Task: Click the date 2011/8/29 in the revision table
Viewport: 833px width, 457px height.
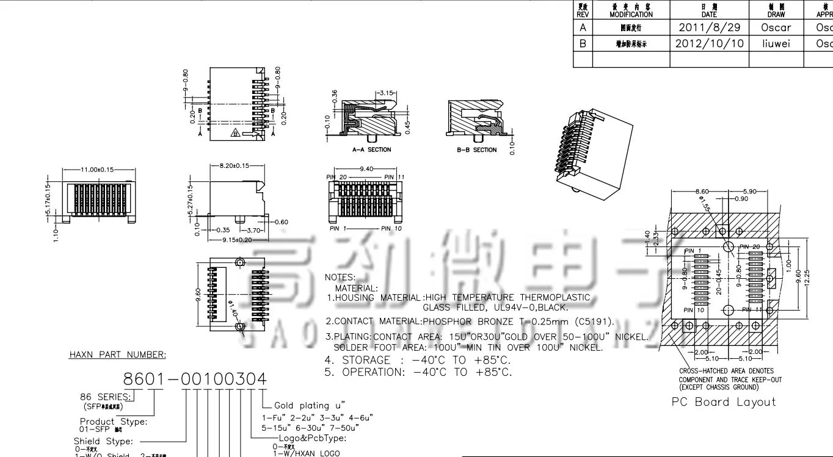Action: [709, 27]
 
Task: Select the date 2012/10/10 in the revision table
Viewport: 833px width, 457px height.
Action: [709, 43]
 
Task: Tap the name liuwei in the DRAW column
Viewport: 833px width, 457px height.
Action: [776, 43]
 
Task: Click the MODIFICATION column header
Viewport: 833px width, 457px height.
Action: [631, 14]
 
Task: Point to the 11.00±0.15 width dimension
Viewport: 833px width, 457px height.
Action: [97, 170]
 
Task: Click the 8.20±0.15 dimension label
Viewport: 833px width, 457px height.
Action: [234, 165]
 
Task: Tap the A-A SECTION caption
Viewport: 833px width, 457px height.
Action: [371, 149]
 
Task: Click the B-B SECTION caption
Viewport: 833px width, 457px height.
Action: [477, 149]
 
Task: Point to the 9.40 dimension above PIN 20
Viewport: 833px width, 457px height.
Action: [366, 168]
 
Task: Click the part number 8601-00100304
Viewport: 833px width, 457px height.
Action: [195, 380]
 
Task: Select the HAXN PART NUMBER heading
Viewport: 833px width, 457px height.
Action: [117, 354]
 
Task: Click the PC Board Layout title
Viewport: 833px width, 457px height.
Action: [724, 401]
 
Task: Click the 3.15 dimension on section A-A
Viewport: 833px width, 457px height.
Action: [386, 93]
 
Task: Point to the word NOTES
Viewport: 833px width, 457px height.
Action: [340, 277]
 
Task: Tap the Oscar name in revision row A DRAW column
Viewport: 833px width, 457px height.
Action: [776, 27]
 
